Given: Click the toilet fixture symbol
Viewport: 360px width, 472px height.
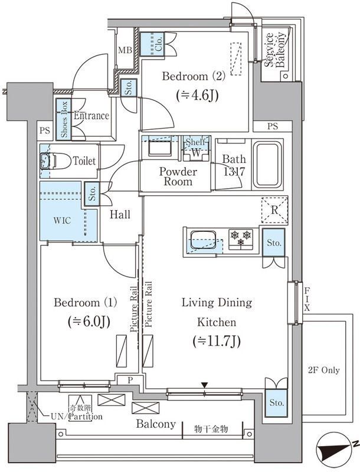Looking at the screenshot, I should [47, 161].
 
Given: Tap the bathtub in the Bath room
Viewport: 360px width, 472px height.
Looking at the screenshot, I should [268, 165].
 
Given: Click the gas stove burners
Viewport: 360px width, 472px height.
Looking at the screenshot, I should [241, 239].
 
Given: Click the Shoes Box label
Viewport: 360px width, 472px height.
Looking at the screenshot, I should [64, 119].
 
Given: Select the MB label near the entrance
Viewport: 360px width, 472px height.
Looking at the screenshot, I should [125, 50].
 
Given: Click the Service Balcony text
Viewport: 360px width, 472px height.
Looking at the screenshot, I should [276, 50].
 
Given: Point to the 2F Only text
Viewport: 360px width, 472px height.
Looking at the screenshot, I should [323, 370].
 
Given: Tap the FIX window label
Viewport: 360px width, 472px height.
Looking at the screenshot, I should [307, 299].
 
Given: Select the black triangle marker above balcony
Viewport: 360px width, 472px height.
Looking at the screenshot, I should [204, 386].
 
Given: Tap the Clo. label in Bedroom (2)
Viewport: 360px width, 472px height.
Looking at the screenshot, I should [158, 42].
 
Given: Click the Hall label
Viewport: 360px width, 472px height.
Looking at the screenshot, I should [120, 215].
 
